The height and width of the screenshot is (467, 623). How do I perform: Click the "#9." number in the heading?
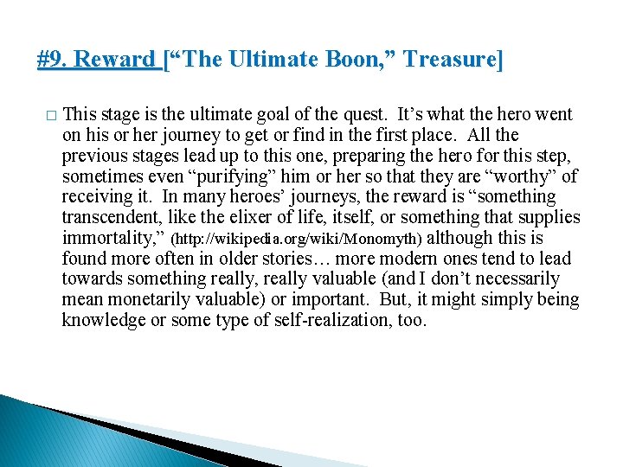(53, 60)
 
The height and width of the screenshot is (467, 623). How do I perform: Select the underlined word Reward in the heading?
(115, 60)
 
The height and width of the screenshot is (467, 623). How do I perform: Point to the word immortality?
(112, 238)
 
